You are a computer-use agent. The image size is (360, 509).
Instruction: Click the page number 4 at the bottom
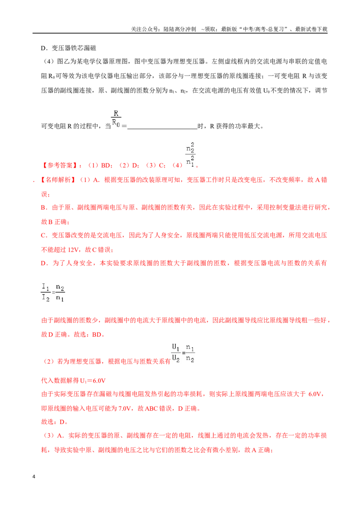tap(34, 477)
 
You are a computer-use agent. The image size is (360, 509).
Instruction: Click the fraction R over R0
tap(116, 118)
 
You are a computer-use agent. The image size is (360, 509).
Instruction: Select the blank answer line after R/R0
tap(162, 129)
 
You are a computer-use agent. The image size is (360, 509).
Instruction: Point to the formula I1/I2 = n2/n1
tap(53, 292)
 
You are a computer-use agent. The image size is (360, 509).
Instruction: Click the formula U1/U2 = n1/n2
tap(183, 353)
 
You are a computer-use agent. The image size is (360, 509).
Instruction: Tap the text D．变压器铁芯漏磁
tap(68, 48)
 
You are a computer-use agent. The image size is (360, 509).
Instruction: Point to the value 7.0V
tap(124, 408)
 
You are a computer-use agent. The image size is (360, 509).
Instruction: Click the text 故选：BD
tap(88, 335)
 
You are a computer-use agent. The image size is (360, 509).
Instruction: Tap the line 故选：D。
tap(54, 422)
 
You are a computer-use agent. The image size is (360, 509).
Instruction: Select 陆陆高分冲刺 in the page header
tap(180, 29)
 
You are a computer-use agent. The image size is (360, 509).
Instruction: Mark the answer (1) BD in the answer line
tap(100, 165)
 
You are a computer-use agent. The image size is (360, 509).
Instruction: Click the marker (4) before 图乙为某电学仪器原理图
tap(49, 61)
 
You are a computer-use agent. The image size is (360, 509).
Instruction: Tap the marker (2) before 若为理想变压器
tap(49, 362)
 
